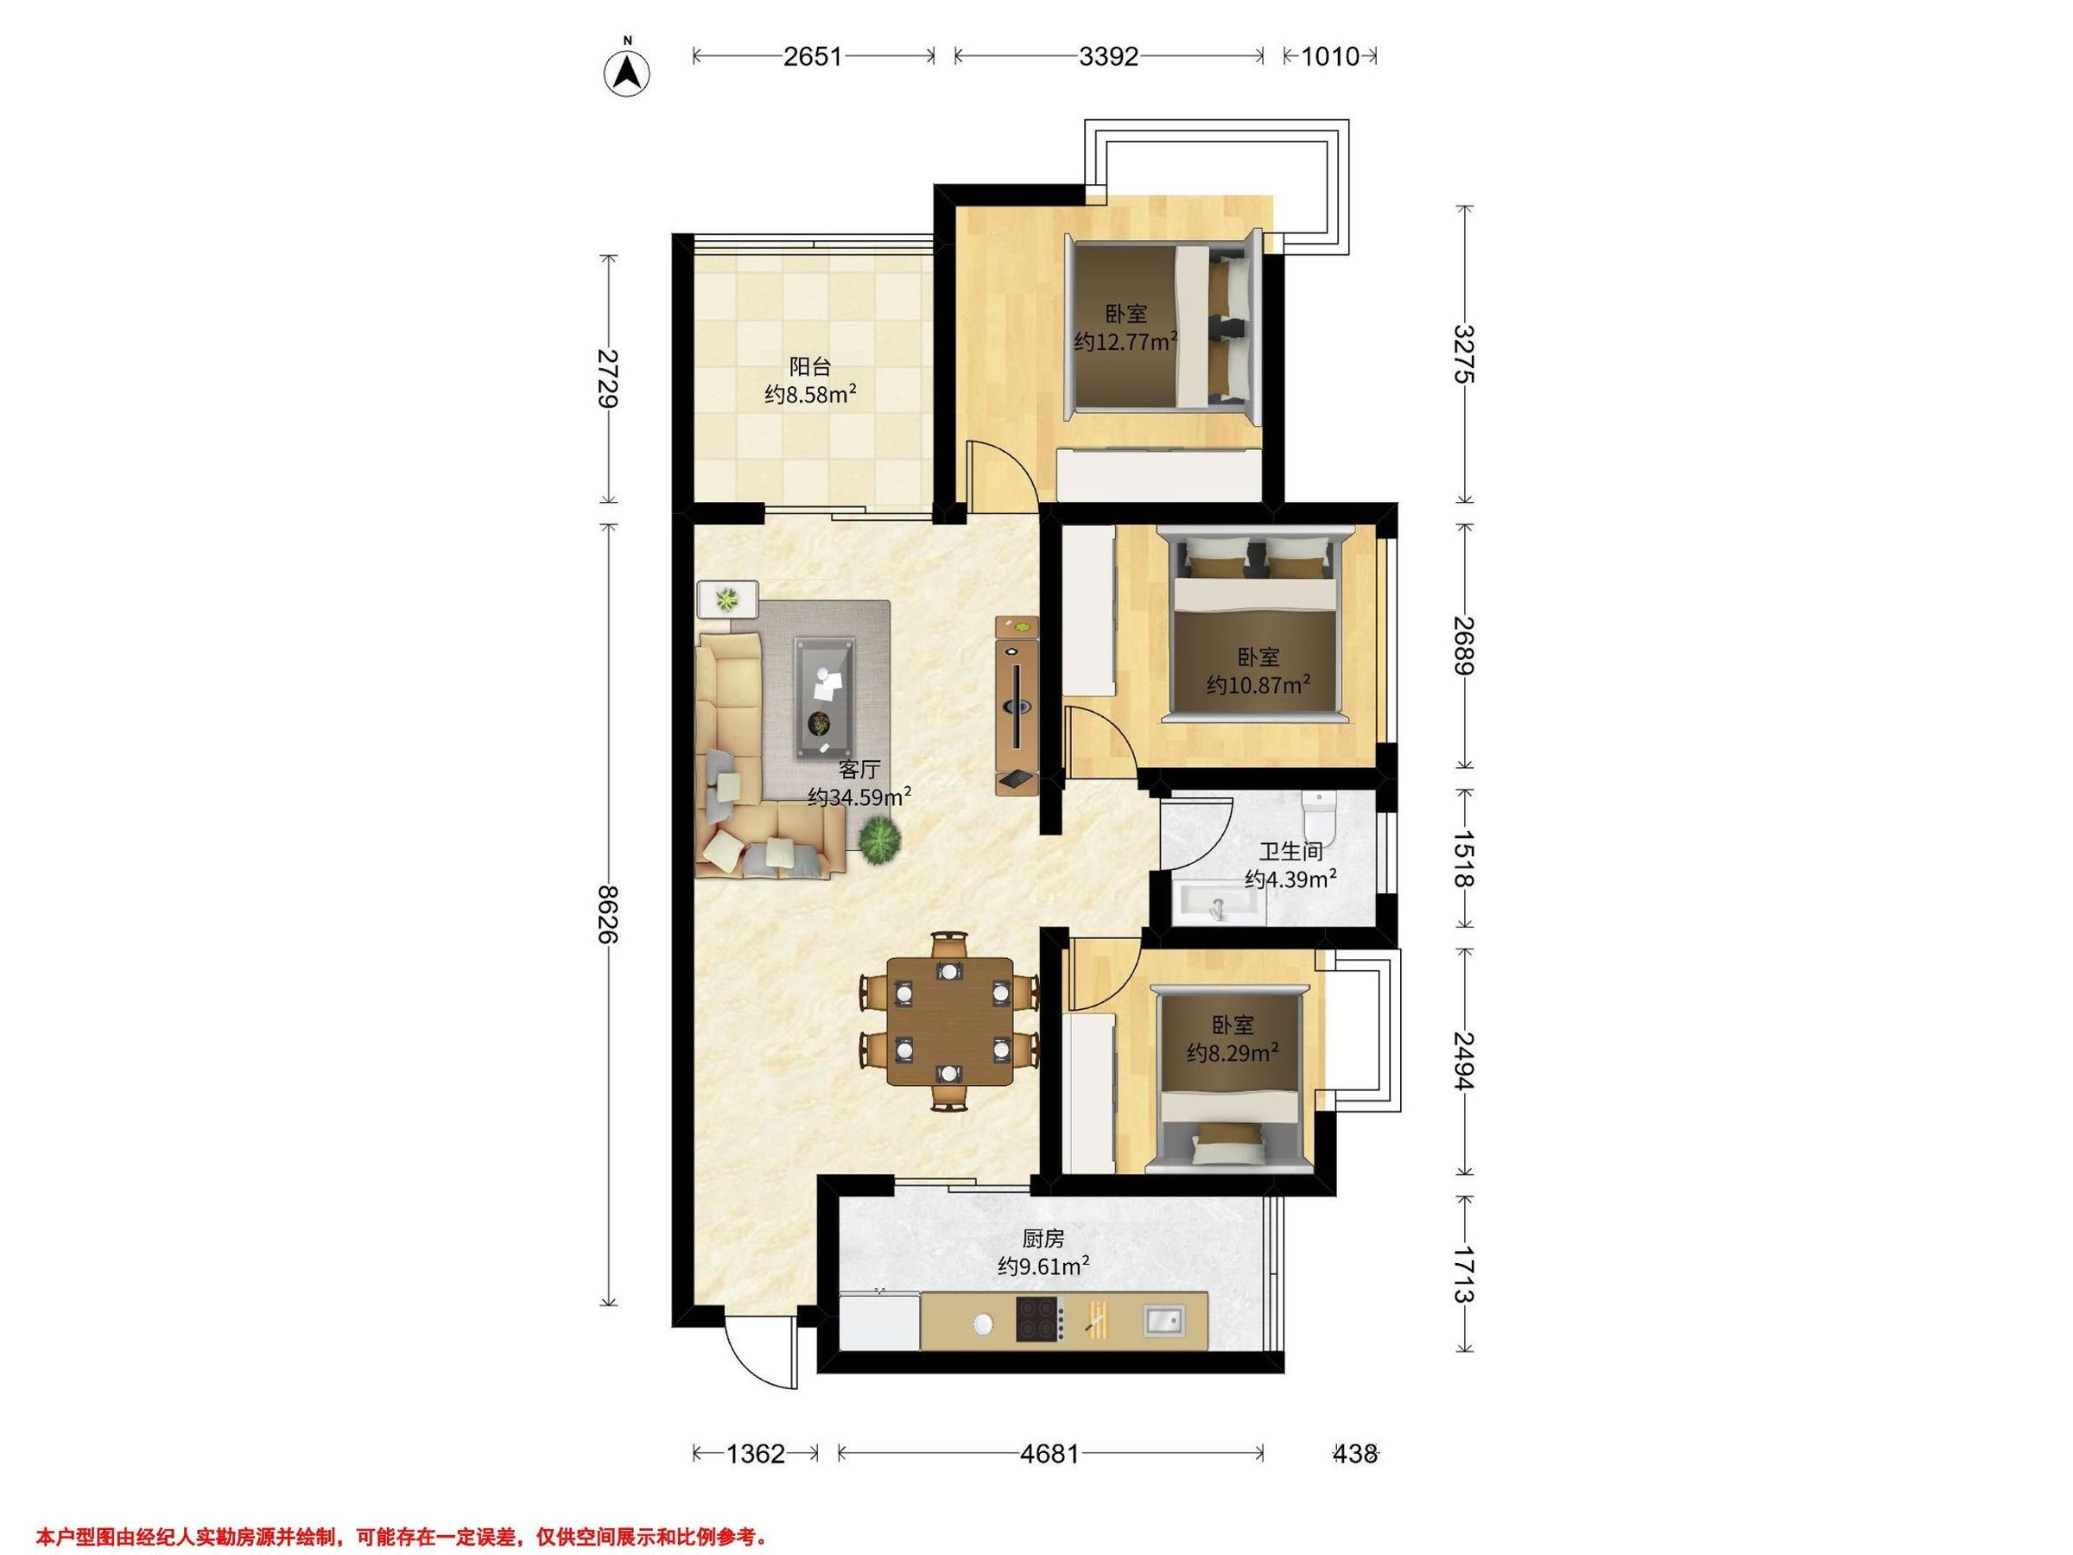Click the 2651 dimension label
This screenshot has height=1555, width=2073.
(813, 56)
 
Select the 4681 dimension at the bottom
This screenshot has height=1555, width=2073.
(1049, 1454)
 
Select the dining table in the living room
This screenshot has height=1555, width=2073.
(950, 1021)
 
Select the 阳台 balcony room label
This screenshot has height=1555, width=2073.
(809, 366)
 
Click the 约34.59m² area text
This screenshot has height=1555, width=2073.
(859, 797)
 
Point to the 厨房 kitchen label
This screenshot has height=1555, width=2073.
(1043, 1239)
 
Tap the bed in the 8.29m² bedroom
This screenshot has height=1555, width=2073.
(1231, 1079)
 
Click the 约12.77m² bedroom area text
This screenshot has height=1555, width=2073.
(1125, 341)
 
